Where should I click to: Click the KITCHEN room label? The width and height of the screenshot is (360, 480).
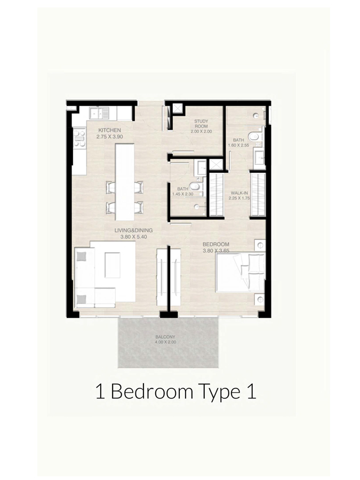[109, 130]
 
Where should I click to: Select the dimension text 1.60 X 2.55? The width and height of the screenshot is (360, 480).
[238, 145]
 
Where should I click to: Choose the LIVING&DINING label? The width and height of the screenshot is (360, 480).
[133, 230]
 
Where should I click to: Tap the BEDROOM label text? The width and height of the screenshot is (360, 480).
[216, 245]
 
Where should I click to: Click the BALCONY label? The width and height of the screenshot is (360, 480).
[165, 337]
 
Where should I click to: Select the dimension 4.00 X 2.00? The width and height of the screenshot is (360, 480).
[165, 342]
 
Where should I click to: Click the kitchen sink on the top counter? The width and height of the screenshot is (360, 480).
[100, 113]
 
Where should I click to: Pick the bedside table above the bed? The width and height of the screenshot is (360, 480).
[260, 246]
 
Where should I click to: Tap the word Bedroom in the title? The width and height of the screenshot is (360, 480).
[152, 392]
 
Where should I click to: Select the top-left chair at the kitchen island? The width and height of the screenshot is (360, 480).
[110, 187]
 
